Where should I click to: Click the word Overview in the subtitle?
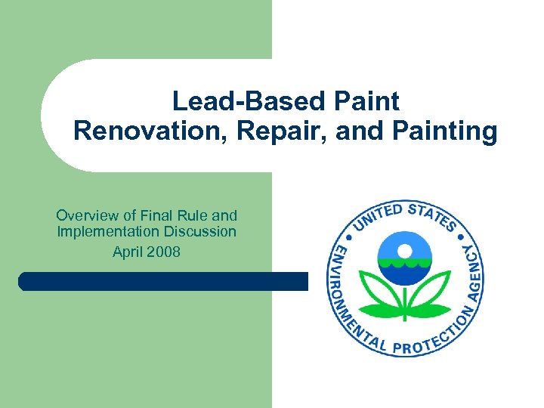pyautogui.click(x=85, y=215)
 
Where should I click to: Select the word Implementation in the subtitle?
pyautogui.click(x=103, y=231)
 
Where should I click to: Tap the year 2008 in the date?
pyautogui.click(x=164, y=252)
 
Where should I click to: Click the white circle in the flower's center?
pyautogui.click(x=406, y=251)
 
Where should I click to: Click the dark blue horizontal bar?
pyautogui.click(x=162, y=282)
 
